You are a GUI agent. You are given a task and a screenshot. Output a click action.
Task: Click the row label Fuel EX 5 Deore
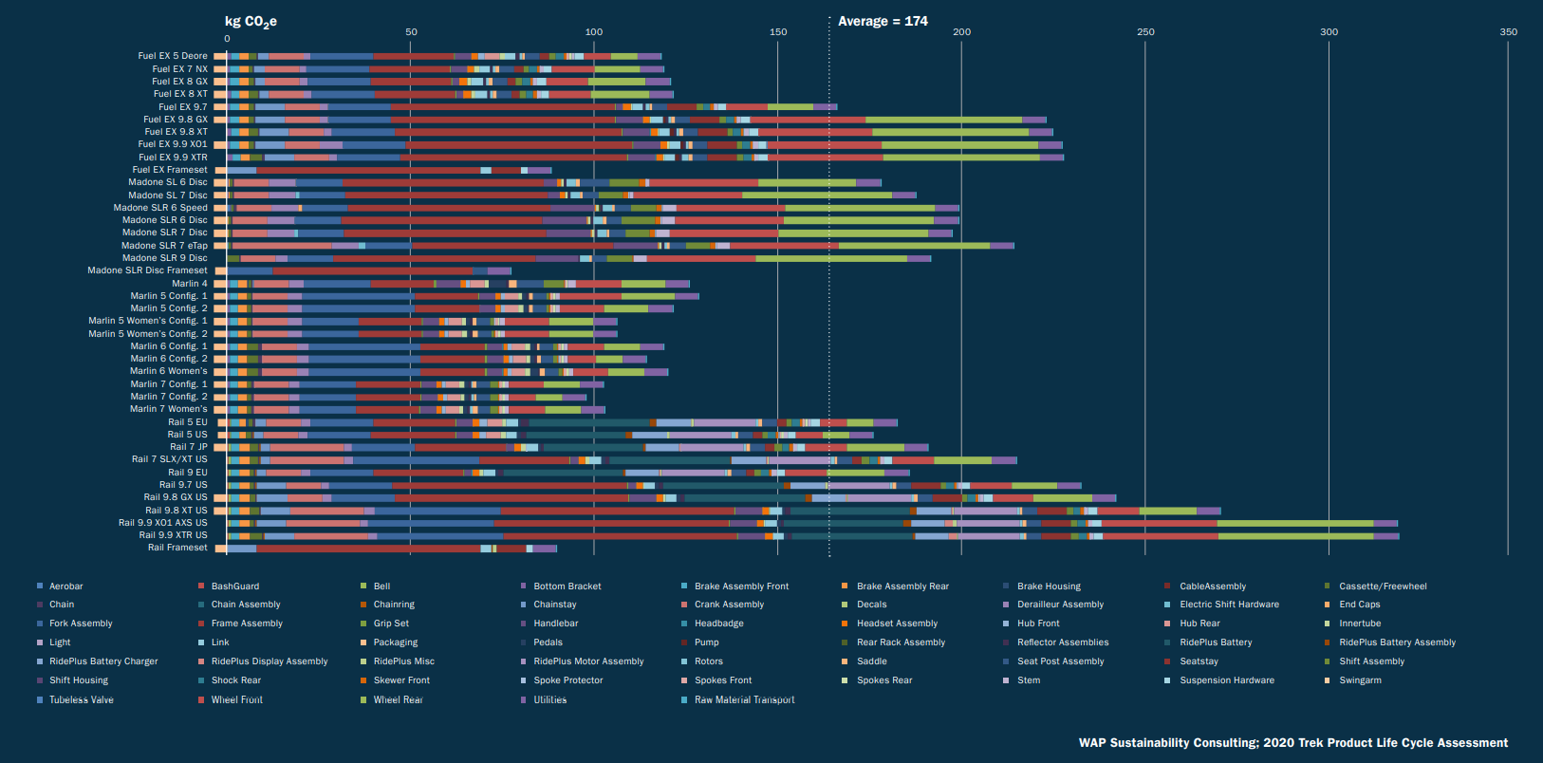(x=173, y=56)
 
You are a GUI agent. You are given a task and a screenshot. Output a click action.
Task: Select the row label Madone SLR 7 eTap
(x=164, y=246)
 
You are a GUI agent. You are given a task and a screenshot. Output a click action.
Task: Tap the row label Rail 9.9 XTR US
(x=173, y=535)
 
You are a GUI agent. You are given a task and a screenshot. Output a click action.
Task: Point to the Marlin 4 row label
(x=189, y=284)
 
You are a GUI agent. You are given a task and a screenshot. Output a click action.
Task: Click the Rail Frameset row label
(x=177, y=548)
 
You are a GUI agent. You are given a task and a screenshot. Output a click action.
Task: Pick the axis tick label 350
(x=1508, y=32)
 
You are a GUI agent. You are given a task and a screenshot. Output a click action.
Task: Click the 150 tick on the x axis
(x=778, y=32)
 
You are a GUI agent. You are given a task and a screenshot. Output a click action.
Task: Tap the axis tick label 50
(x=411, y=32)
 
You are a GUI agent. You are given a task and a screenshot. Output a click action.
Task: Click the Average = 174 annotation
(x=883, y=21)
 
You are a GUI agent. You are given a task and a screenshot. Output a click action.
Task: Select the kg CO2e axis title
(x=251, y=21)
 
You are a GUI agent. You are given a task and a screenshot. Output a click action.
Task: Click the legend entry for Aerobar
(x=65, y=586)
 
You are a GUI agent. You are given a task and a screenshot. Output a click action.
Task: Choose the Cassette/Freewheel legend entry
(x=1382, y=586)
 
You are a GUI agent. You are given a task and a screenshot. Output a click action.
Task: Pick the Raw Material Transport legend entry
(x=744, y=700)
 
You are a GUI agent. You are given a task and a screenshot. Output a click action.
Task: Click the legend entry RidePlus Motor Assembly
(x=588, y=661)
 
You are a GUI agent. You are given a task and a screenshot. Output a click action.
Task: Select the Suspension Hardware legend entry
(x=1226, y=680)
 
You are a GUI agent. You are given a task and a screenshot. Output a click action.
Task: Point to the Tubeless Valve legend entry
(x=81, y=700)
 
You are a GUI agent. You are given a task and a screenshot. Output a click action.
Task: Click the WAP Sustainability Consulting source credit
(x=1292, y=743)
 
